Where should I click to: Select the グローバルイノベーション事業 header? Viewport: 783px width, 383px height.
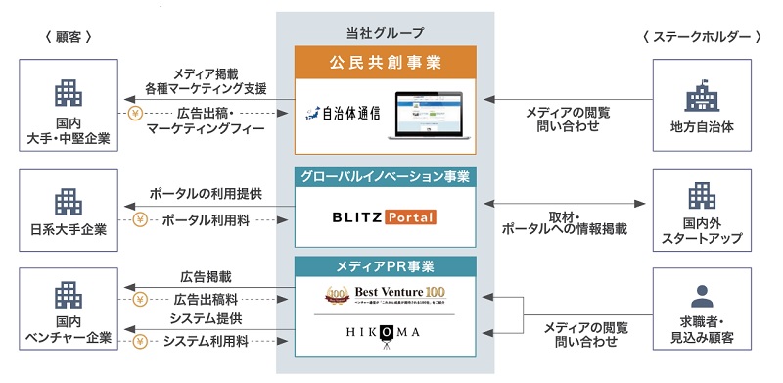pos(385,177)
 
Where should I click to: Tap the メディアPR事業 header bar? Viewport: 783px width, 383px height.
pos(385,265)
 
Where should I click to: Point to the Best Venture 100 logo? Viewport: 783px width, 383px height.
pos(385,295)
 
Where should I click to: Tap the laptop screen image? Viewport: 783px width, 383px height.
pos(428,111)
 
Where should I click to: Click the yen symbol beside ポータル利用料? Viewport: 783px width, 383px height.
pos(140,218)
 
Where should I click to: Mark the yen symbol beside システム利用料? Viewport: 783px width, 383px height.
pos(140,341)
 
